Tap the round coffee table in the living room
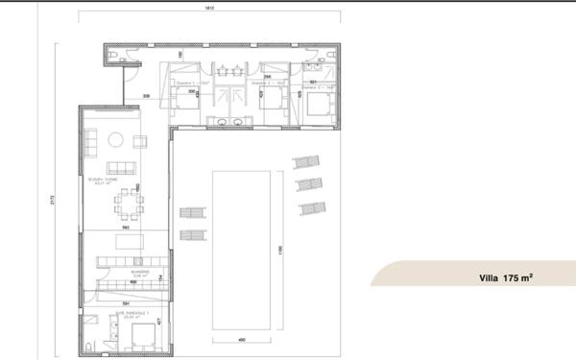tap(115, 140)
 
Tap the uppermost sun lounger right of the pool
tap(304, 162)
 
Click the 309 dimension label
tap(146, 97)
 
